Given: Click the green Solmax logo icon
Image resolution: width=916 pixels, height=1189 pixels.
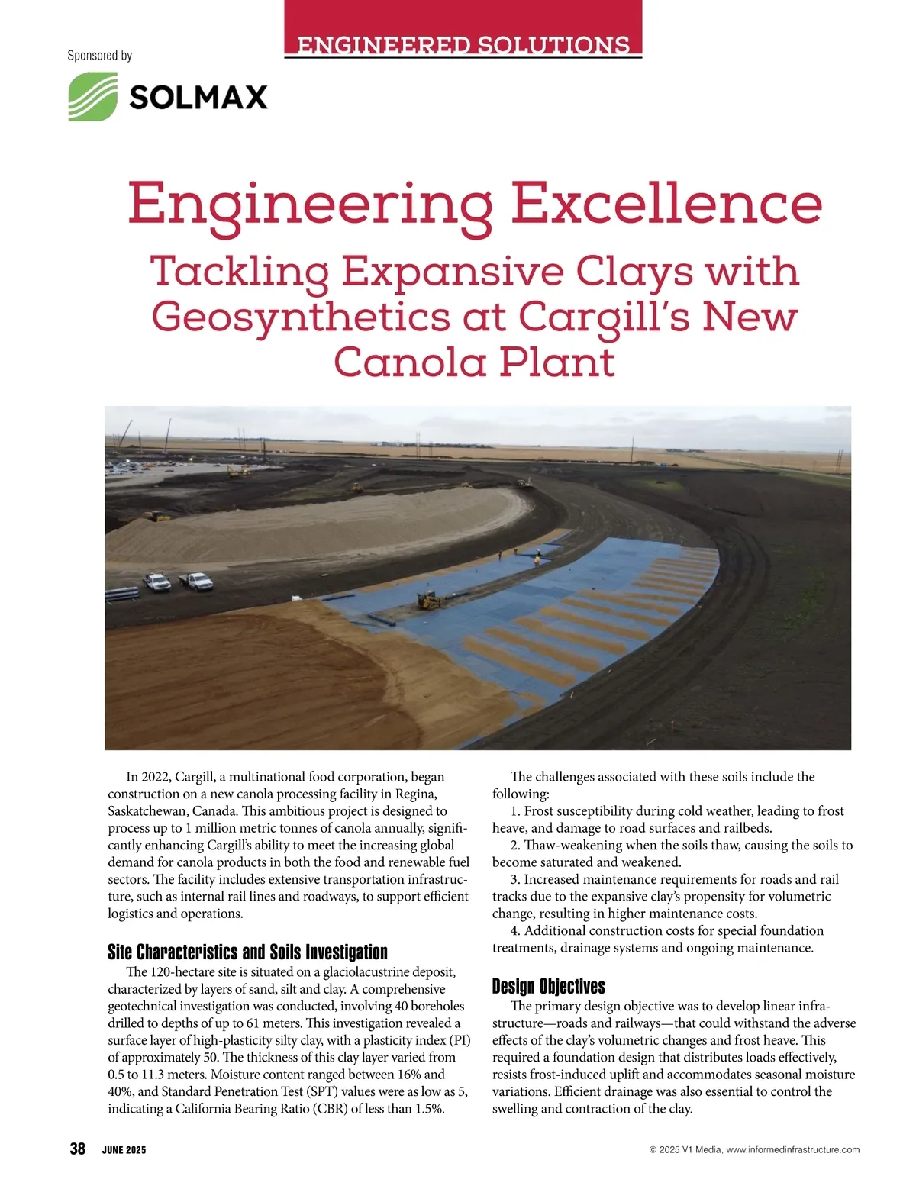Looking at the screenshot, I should pyautogui.click(x=93, y=96).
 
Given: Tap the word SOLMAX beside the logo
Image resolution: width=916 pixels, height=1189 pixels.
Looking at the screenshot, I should pyautogui.click(x=198, y=98).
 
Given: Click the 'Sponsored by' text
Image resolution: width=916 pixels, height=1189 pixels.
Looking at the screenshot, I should pyautogui.click(x=99, y=56).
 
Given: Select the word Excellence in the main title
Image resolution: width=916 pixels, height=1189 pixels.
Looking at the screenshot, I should pyautogui.click(x=666, y=205).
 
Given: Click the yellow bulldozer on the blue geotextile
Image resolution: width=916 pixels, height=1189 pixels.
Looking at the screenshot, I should pyautogui.click(x=430, y=601).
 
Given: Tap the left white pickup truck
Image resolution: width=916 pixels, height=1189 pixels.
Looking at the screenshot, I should pyautogui.click(x=158, y=582).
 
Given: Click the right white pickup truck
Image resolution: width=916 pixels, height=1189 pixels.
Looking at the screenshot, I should pyautogui.click(x=197, y=581).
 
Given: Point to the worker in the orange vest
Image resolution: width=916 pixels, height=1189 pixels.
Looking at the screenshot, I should pyautogui.click(x=537, y=560).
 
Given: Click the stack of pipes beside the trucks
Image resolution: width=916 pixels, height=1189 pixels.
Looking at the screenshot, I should pyautogui.click(x=122, y=594).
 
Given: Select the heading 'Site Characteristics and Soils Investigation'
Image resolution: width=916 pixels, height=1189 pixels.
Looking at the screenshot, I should pyautogui.click(x=247, y=952).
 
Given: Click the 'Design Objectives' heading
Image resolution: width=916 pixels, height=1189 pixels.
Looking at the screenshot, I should pyautogui.click(x=548, y=986).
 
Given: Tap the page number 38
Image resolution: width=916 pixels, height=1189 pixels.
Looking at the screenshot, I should pyautogui.click(x=77, y=1149).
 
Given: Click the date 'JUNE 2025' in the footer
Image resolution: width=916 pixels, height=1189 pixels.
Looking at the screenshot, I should pyautogui.click(x=124, y=1150).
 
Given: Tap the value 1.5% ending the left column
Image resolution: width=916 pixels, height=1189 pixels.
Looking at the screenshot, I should pyautogui.click(x=429, y=1109).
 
